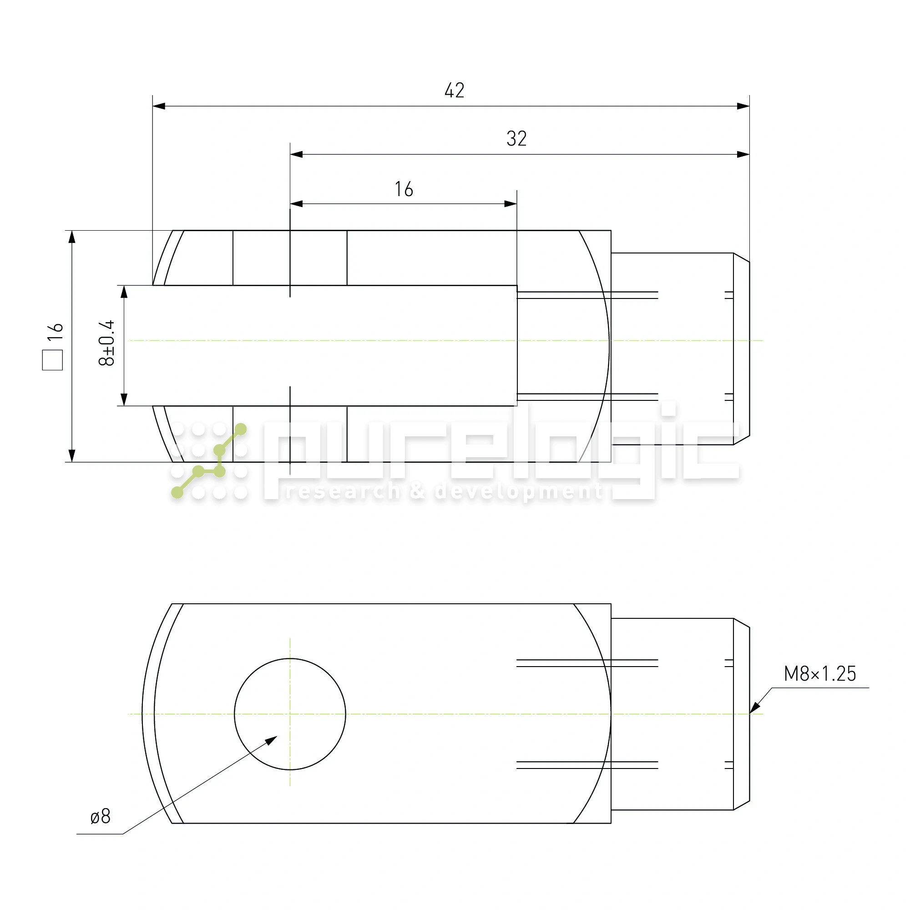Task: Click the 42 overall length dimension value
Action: (x=454, y=91)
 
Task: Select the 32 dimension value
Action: (x=516, y=138)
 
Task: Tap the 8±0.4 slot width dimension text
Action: (x=107, y=343)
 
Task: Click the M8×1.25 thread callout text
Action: (x=819, y=673)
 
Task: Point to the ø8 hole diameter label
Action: (x=100, y=816)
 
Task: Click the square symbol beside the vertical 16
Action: (x=52, y=360)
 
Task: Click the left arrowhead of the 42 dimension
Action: (x=159, y=106)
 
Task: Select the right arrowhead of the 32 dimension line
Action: (x=743, y=155)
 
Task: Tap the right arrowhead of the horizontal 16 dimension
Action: (x=511, y=204)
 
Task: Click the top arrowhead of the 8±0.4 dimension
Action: (x=124, y=292)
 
